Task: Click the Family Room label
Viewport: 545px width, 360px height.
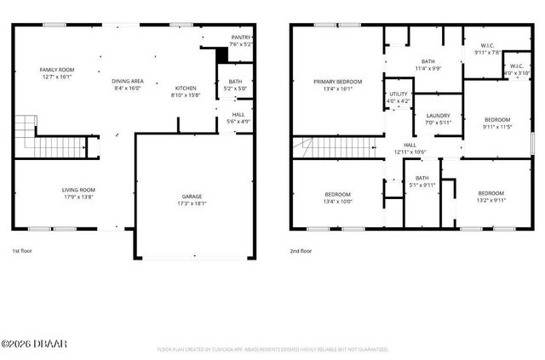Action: coord(54,70)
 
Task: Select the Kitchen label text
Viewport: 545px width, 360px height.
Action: coord(186,89)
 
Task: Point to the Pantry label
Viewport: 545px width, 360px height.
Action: coord(241,37)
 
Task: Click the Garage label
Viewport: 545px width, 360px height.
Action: coord(191,197)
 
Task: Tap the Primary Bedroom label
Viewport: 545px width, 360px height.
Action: coord(337,82)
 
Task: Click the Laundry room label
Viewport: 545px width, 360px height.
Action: coord(438,115)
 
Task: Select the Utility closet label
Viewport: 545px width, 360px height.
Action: coord(398,94)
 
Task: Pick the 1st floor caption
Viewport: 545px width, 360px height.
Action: coord(22,251)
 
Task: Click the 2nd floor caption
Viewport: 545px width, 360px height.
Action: coord(301,251)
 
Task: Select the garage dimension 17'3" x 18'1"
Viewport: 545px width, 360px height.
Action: coord(191,203)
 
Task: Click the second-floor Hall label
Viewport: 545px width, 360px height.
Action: coord(410,145)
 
